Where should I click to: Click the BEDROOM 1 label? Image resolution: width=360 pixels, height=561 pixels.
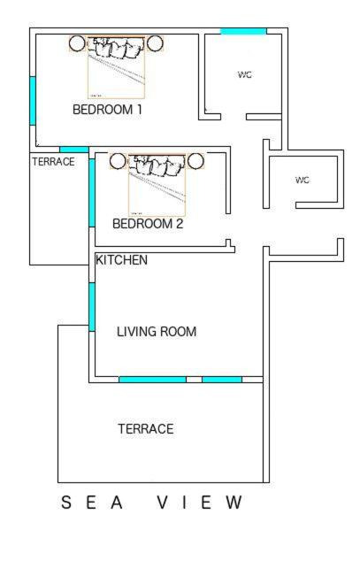point(107,110)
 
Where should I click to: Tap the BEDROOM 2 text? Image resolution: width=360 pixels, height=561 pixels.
point(148,224)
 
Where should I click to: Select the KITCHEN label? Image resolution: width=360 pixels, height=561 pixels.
point(121,260)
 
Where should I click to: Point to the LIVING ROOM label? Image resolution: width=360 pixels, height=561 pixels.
point(157,332)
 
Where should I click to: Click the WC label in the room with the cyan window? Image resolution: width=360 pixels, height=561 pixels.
point(245,75)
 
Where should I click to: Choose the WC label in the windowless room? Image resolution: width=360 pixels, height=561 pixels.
point(303,180)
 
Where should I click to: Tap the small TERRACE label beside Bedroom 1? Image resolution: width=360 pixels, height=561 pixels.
point(53,162)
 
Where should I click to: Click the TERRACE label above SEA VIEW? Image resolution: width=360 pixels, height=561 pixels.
point(146,429)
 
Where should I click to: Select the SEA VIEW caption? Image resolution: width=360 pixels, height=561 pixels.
point(151,503)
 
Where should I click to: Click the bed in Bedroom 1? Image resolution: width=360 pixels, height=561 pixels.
point(116,67)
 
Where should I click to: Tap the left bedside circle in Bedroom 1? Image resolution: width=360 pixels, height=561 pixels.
point(77,43)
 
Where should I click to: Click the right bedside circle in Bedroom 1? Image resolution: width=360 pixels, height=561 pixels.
point(156,43)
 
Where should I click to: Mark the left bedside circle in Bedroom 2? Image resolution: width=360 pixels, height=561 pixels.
point(118,161)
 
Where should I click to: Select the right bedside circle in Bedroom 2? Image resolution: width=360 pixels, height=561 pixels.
point(195,161)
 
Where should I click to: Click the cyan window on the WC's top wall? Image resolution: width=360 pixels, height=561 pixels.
point(243,32)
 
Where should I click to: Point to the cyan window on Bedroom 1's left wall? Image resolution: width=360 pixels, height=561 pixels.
point(33,101)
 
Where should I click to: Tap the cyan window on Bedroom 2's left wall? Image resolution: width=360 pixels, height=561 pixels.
point(92,192)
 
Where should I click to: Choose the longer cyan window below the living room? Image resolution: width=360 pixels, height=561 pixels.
point(152,380)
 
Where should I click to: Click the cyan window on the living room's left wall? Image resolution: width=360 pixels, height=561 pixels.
point(91,307)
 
